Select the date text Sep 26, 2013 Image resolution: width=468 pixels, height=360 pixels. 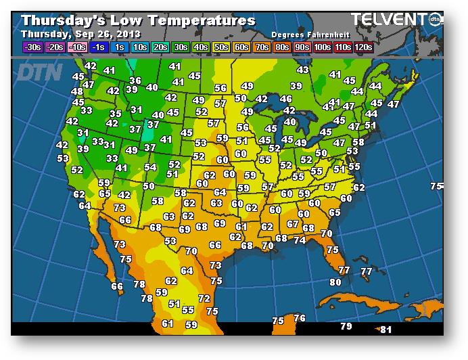point(101,33)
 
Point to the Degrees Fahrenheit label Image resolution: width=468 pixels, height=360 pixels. point(305,34)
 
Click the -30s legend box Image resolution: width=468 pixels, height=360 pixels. point(32,47)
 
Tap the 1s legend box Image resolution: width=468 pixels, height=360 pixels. point(119,47)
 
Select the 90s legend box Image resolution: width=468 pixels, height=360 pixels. point(302,47)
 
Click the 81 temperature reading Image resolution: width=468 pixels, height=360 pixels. point(386,330)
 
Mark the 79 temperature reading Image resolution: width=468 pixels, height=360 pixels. point(346,327)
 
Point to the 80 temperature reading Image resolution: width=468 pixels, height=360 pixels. point(335,282)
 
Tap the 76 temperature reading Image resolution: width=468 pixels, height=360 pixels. point(300,318)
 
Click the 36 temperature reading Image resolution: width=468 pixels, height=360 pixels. point(135,81)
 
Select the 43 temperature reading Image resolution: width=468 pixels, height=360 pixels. point(302,70)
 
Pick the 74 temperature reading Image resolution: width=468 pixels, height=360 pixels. point(300,240)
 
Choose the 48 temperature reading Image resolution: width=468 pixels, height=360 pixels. point(76,92)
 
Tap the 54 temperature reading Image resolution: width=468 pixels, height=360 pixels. point(150,167)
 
